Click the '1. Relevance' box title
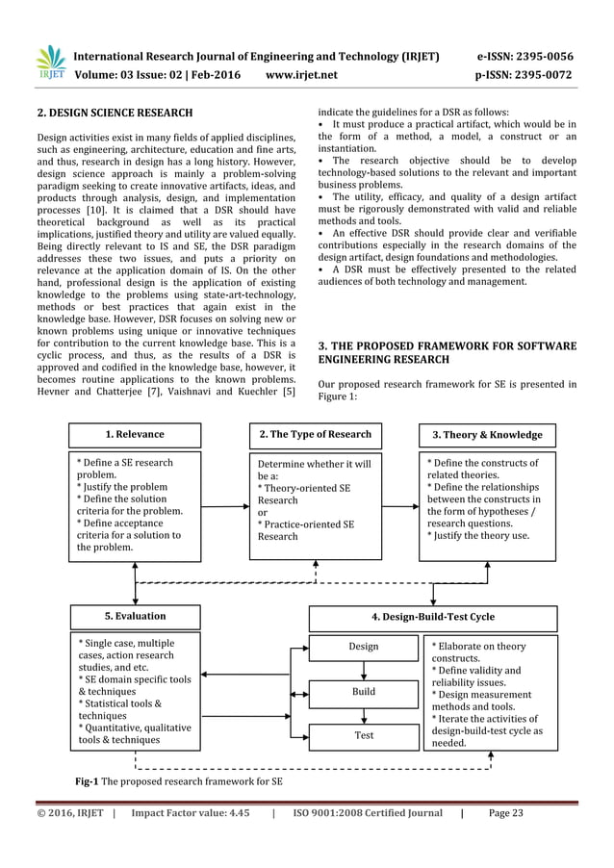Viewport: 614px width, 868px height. (x=135, y=435)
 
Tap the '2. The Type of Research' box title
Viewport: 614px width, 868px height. (x=315, y=434)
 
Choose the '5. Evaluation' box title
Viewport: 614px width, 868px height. (x=135, y=615)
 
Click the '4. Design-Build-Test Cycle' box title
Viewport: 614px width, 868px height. (x=433, y=616)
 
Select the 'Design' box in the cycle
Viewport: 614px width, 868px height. (x=363, y=647)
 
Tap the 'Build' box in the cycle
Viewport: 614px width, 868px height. (x=363, y=691)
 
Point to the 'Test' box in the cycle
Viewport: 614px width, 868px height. (x=363, y=734)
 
